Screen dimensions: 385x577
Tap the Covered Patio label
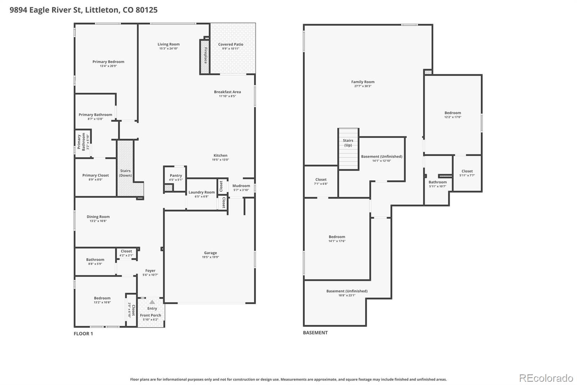(x=230, y=44)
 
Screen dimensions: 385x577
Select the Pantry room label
(x=176, y=176)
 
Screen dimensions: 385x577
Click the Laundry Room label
(x=202, y=192)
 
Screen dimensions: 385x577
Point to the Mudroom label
(x=241, y=186)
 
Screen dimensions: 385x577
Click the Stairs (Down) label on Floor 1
(x=125, y=173)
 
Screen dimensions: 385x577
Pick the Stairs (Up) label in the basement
(x=348, y=143)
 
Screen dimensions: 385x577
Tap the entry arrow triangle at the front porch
(x=152, y=302)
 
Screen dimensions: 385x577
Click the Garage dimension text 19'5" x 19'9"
(x=210, y=257)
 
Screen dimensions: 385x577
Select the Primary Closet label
(x=95, y=175)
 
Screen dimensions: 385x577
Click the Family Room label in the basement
(x=363, y=82)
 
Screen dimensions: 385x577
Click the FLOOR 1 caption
(x=83, y=333)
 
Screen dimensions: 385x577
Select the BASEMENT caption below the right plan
(x=315, y=333)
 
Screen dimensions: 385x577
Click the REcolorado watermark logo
(x=546, y=378)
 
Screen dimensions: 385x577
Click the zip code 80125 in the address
(x=146, y=10)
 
